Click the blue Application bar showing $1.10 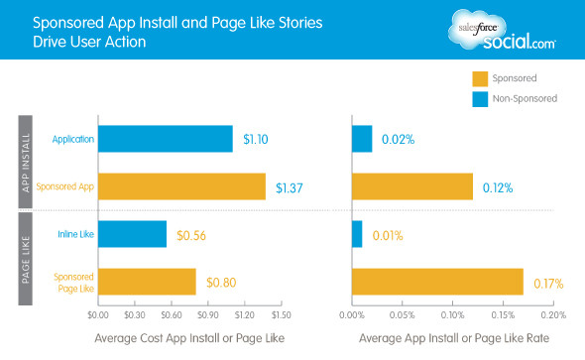tap(166, 139)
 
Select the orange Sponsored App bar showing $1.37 tap(181, 186)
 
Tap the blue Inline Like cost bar tap(132, 234)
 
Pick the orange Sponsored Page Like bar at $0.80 tap(147, 282)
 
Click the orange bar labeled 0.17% tap(437, 282)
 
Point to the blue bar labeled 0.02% tap(362, 139)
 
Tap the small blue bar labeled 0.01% tap(357, 234)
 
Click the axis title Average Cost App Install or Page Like tap(188, 339)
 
